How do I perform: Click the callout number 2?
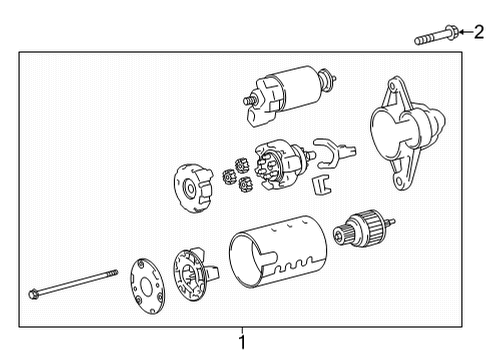(479, 32)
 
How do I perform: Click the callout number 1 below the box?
(242, 342)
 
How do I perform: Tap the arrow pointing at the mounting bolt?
(466, 32)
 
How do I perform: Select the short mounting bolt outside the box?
(436, 35)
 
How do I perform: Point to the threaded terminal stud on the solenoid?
(249, 100)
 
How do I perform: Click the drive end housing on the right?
(407, 133)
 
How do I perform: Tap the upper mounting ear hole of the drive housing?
(392, 85)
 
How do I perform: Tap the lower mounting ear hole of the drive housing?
(398, 181)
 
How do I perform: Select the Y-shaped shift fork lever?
(333, 153)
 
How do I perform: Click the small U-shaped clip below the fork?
(320, 185)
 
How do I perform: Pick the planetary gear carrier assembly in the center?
(283, 164)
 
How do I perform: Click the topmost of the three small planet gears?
(241, 165)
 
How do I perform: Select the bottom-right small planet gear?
(245, 184)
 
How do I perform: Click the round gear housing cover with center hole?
(193, 188)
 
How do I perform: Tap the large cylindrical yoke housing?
(278, 252)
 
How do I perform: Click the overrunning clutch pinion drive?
(363, 228)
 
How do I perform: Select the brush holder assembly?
(194, 275)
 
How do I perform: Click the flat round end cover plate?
(147, 286)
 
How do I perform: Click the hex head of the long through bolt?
(33, 295)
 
